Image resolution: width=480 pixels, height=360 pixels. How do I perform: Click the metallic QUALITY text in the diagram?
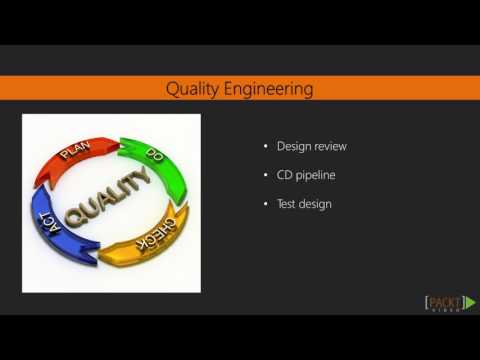(x=110, y=199)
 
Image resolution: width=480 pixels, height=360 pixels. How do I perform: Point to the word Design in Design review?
(x=296, y=146)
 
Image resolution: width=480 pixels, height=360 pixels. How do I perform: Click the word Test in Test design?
(x=288, y=204)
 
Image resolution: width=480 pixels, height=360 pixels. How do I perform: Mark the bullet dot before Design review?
(x=265, y=147)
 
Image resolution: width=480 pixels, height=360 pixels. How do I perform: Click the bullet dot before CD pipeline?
(x=265, y=176)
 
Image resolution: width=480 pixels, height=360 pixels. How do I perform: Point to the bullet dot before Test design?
(x=265, y=205)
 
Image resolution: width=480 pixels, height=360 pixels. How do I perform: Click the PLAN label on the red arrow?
(x=76, y=152)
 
